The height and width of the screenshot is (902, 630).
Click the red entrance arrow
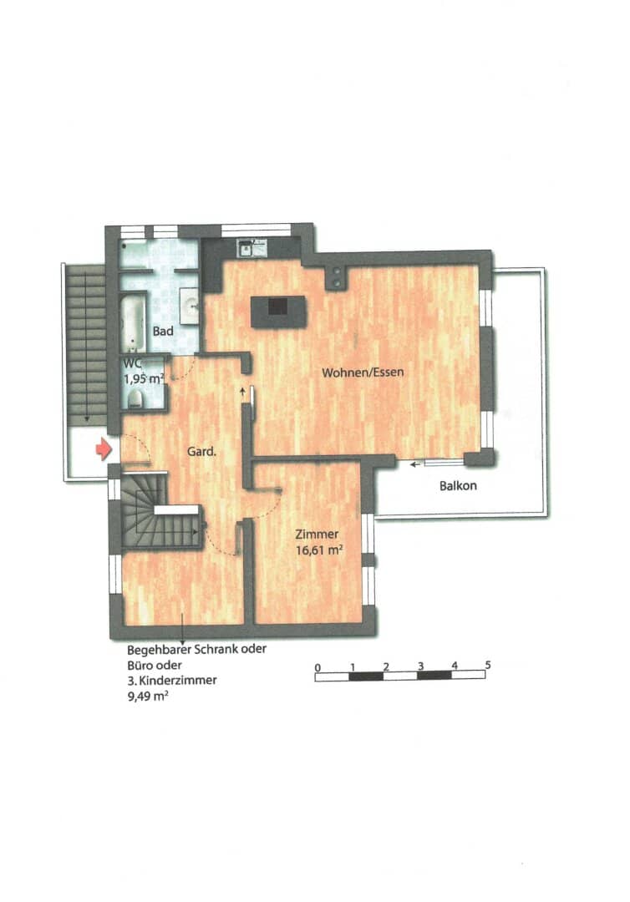click(x=104, y=448)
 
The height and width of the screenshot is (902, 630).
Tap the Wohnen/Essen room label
click(x=363, y=372)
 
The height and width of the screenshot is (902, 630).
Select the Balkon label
click(x=458, y=485)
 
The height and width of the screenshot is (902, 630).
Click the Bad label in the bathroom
click(x=163, y=331)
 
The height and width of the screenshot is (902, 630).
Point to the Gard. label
click(x=201, y=452)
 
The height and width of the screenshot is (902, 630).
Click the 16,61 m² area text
click(x=319, y=550)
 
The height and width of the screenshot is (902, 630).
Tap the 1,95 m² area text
click(x=145, y=378)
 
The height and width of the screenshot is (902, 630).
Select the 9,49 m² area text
click(x=148, y=697)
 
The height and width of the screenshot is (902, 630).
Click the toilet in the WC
click(x=135, y=398)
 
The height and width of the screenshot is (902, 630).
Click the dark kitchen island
click(x=278, y=312)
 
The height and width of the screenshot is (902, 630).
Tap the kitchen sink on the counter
click(x=251, y=248)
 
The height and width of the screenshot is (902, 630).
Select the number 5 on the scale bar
click(x=488, y=665)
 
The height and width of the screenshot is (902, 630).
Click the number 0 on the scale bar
click(x=318, y=667)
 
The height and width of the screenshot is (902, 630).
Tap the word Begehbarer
click(x=159, y=650)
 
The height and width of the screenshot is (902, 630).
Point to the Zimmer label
click(x=317, y=534)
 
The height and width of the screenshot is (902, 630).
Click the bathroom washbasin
click(x=190, y=302)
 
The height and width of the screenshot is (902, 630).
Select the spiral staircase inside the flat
click(x=158, y=511)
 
